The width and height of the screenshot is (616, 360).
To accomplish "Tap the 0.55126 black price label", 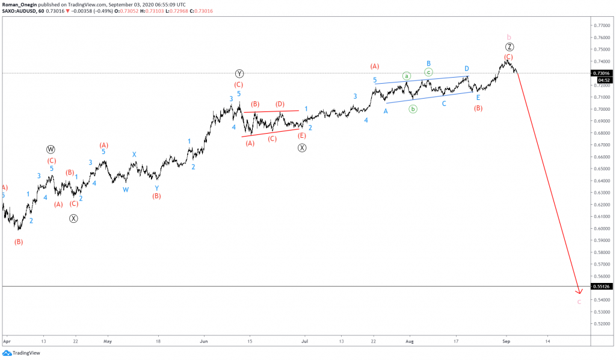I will pyautogui.click(x=602, y=287).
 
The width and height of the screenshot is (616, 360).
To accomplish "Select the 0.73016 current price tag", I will pyautogui.click(x=602, y=73).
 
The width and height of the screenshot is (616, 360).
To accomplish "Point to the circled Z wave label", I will pyautogui.click(x=509, y=47).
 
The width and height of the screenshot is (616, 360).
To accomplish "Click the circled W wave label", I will pyautogui.click(x=51, y=149).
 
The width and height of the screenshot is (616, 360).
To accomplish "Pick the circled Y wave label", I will pyautogui.click(x=239, y=73).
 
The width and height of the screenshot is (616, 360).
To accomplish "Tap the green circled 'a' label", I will pyautogui.click(x=407, y=76).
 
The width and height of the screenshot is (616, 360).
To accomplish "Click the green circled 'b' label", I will pyautogui.click(x=413, y=109).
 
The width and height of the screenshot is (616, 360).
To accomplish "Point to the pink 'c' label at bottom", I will pyautogui.click(x=579, y=301).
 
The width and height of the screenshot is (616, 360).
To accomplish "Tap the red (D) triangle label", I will pyautogui.click(x=280, y=104).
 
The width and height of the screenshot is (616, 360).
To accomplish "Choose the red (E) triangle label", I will pyautogui.click(x=301, y=136).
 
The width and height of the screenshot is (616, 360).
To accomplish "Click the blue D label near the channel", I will pyautogui.click(x=466, y=69).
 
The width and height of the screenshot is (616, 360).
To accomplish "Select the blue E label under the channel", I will pyautogui.click(x=478, y=98).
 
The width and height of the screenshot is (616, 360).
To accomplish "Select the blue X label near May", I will pyautogui.click(x=134, y=154).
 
